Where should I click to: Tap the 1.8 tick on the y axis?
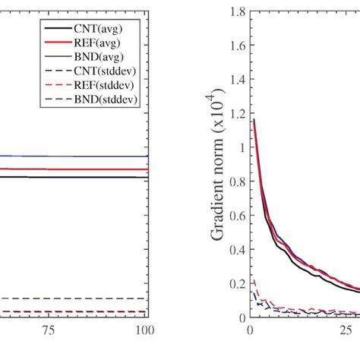click(x=236, y=12)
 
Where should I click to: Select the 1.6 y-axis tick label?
click(x=236, y=46)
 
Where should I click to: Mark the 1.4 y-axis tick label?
click(x=236, y=80)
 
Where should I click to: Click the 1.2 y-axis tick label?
click(x=236, y=114)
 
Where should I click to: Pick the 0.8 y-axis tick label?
click(x=236, y=182)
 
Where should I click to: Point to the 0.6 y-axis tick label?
click(x=236, y=216)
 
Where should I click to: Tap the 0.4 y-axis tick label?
click(x=236, y=249)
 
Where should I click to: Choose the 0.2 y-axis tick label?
click(x=236, y=283)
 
